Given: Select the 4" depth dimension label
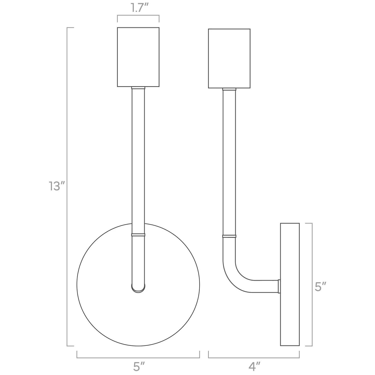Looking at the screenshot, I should pos(254,366).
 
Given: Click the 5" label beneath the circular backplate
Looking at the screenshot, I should pos(138,366).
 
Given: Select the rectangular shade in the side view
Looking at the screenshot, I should pos(229,58).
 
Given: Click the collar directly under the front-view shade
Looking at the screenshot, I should pos(138,88).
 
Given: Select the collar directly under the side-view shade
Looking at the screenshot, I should pos(229,89).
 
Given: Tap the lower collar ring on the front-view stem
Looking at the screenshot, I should pos(138,235).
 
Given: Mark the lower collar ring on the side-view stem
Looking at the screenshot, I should pos(229,236).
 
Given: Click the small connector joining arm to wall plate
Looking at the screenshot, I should pos(279,286).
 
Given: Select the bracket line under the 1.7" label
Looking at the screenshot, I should pos(138,15).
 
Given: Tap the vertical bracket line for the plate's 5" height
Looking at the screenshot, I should pos(312,250).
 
